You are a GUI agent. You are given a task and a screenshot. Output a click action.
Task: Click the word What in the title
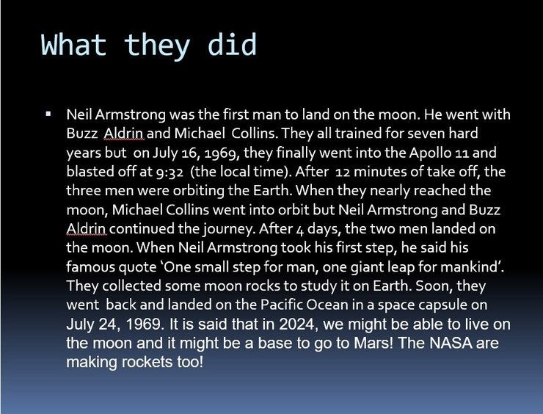click(73, 44)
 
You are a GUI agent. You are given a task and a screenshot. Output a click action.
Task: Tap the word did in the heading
click(232, 44)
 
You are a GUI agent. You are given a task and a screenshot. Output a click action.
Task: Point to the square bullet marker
click(48, 114)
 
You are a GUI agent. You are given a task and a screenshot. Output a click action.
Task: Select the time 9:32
click(170, 172)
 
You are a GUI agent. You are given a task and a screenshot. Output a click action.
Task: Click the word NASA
click(451, 343)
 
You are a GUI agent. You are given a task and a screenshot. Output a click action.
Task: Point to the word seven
click(426, 134)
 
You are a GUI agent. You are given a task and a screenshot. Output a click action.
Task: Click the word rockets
click(147, 362)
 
